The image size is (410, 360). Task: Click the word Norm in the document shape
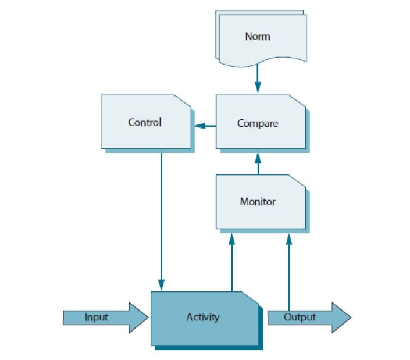[258, 37]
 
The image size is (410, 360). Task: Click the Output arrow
[308, 317]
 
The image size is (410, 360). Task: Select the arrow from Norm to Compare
[258, 78]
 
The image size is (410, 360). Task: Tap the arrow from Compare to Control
[205, 125]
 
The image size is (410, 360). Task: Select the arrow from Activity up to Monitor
[232, 262]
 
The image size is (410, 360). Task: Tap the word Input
[96, 317]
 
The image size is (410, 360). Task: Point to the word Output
[300, 317]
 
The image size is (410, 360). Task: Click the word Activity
[203, 317]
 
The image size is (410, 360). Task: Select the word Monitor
[258, 202]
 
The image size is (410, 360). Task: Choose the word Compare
[258, 123]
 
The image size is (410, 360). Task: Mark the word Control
[144, 122]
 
